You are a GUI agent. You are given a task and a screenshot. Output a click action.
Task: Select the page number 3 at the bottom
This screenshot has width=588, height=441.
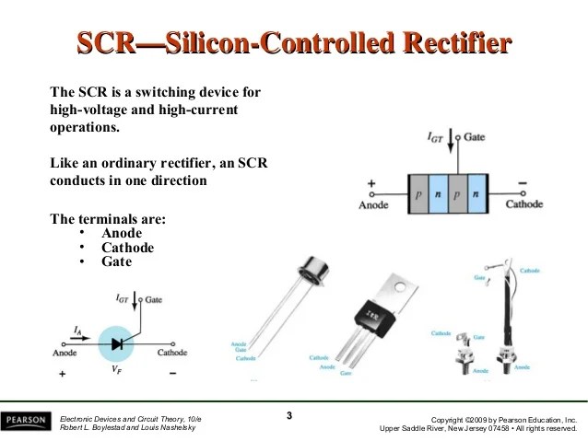[x=288, y=416]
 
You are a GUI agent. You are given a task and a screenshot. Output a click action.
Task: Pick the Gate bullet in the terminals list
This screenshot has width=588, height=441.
[x=117, y=261]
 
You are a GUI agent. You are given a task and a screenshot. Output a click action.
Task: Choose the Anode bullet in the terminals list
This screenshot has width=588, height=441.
[x=122, y=234]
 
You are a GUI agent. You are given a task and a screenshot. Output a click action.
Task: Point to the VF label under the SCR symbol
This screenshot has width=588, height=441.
[x=116, y=368]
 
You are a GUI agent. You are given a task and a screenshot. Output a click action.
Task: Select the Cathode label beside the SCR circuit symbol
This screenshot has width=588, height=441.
[x=172, y=353]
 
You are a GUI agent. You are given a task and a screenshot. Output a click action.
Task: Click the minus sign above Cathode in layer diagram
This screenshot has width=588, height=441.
[x=523, y=184]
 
